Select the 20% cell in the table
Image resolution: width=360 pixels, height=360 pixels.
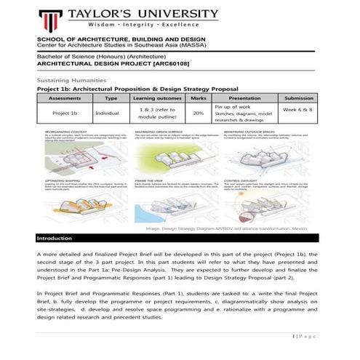198,113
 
